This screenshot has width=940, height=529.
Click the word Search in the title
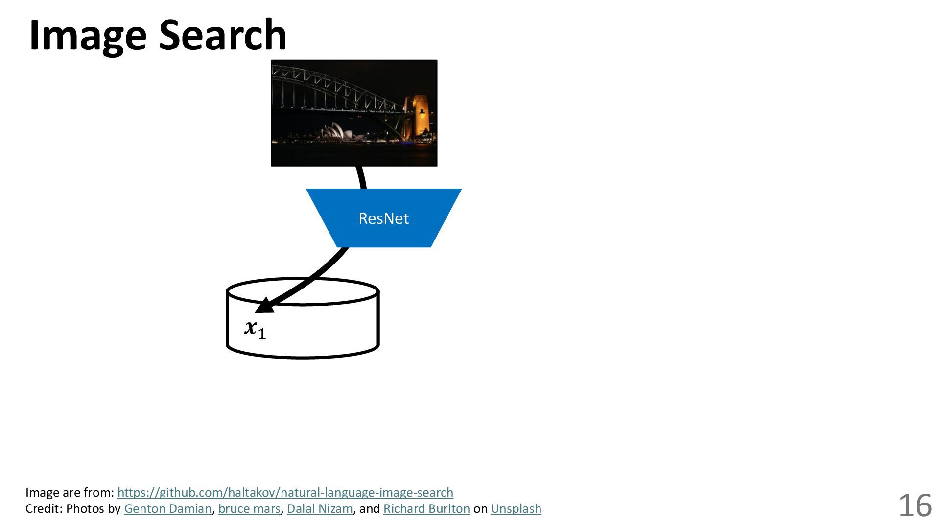[223, 35]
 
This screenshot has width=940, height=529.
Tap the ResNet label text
[383, 218]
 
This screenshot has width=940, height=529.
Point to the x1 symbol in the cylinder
[255, 329]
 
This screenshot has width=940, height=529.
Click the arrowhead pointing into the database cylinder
[264, 306]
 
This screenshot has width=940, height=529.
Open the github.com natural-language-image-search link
[285, 492]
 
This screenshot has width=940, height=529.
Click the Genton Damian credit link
[167, 509]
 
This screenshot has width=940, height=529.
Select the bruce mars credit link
[249, 509]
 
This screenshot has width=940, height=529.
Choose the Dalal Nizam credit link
[319, 509]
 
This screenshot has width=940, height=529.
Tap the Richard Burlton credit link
[426, 509]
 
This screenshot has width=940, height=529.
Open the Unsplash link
[516, 509]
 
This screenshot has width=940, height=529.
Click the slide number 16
[915, 505]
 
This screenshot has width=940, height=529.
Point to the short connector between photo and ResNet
[361, 177]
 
